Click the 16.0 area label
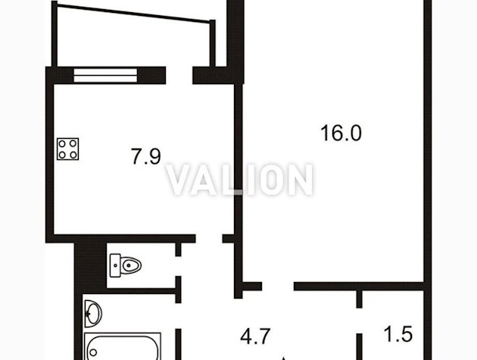[x=341, y=133]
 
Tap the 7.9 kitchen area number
[x=146, y=156]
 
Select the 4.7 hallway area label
[x=255, y=337]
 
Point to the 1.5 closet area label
[x=398, y=333]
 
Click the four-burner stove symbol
[x=68, y=149]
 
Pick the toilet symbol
[x=126, y=265]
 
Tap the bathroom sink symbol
[x=93, y=314]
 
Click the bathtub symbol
[x=123, y=346]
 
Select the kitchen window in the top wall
[x=105, y=75]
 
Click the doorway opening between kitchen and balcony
[x=179, y=75]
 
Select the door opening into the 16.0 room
[x=278, y=286]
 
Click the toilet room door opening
[x=178, y=266]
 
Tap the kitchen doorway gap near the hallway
[x=209, y=239]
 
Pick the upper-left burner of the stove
[x=62, y=143]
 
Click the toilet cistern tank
[x=115, y=265]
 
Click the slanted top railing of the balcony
[x=133, y=13]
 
